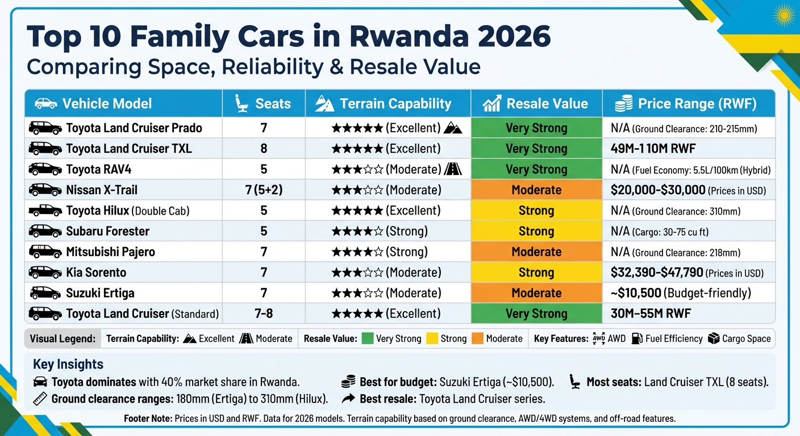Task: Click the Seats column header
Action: [263, 104]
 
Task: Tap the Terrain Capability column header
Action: [388, 104]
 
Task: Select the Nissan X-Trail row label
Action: [102, 190]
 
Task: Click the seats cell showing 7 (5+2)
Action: [264, 190]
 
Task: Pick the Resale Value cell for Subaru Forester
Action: [536, 231]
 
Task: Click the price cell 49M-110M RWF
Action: [653, 149]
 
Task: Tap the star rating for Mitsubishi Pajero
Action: [357, 251]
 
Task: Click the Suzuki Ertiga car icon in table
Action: [45, 293]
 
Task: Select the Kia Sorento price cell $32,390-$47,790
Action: [656, 272]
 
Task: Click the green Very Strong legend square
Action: [367, 339]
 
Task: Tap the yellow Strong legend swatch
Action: [432, 339]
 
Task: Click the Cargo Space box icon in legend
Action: [713, 339]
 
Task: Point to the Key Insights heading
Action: [68, 364]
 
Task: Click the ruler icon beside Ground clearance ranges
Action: [40, 399]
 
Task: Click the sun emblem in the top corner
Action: [784, 14]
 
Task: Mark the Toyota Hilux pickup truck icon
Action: [45, 211]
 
